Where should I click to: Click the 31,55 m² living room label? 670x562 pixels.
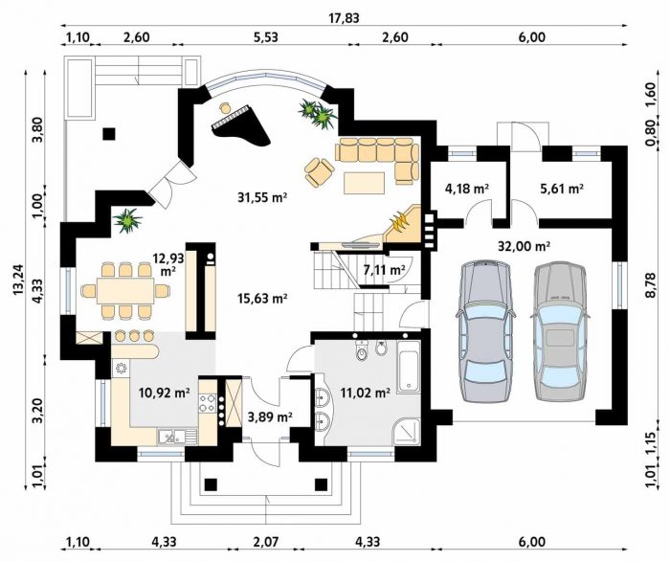261,197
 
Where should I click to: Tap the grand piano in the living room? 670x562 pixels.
240,124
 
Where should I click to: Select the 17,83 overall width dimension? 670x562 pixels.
344,18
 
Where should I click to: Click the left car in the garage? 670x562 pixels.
485,331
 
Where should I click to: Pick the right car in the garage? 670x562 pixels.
560,331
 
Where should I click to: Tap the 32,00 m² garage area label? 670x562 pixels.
524,246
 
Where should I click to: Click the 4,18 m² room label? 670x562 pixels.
467,188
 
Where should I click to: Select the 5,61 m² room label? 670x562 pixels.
562,188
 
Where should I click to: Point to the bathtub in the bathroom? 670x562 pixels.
409,367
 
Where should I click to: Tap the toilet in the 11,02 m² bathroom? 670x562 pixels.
362,350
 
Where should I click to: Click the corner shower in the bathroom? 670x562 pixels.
408,433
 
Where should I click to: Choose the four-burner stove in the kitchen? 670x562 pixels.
207,403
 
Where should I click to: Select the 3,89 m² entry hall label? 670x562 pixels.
270,416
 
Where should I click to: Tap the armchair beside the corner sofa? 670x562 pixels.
319,172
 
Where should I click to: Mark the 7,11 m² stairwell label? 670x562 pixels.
384,270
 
